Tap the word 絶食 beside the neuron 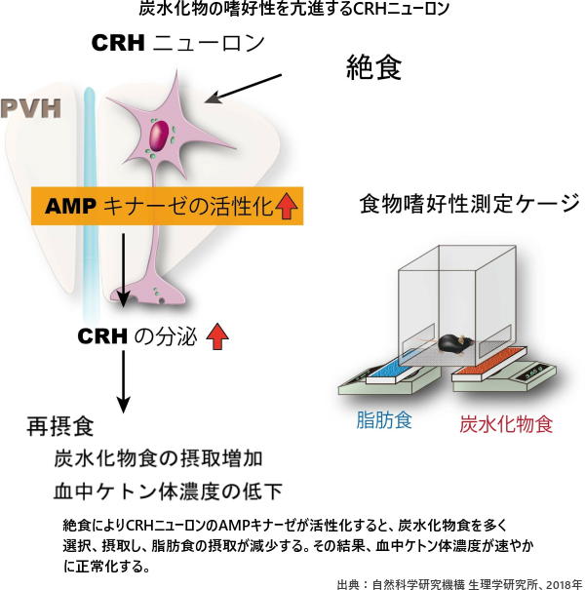(375, 67)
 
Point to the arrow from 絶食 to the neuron (242, 88)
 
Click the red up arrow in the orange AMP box (287, 207)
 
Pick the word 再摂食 (60, 427)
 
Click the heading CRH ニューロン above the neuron (164, 44)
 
